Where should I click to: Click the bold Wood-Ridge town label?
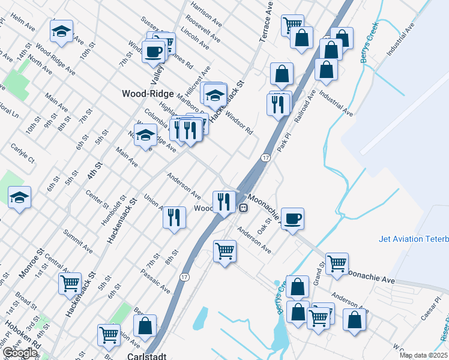(x=148, y=94)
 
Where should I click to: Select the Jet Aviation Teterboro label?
(x=414, y=239)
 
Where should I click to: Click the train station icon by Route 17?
(x=243, y=208)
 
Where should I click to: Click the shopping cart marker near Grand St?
(x=337, y=262)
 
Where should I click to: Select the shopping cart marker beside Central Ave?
(x=70, y=283)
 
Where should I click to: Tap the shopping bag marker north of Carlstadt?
(x=145, y=327)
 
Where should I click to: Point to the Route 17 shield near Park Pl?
(x=265, y=157)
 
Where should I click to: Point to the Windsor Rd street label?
(x=239, y=123)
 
